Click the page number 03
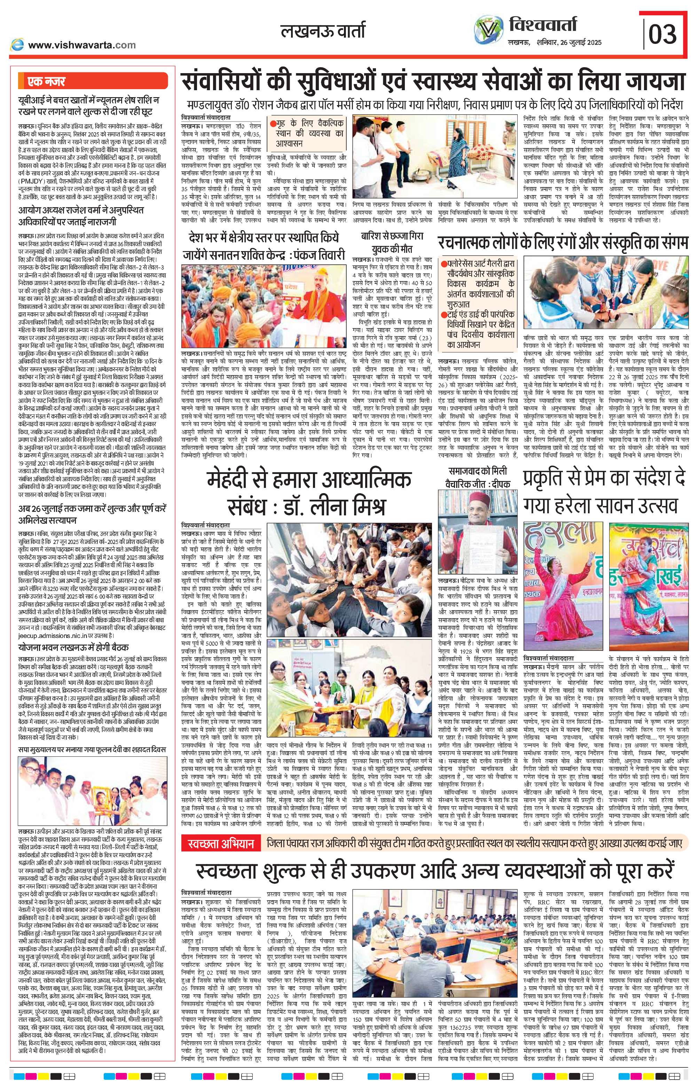click(662, 33)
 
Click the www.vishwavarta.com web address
click(82, 45)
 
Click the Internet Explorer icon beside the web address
click(18, 45)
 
